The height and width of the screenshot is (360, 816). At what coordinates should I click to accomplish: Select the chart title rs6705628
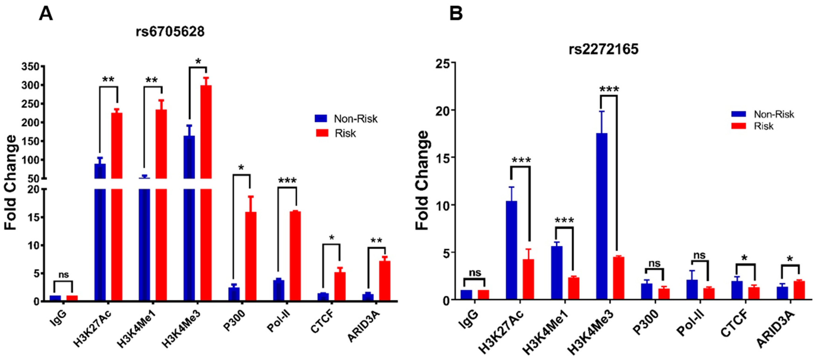coord(170,32)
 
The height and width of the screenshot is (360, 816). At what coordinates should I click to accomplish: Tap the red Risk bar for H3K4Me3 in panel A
coord(206,190)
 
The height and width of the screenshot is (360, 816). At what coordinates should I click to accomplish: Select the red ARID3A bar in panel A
coord(385,280)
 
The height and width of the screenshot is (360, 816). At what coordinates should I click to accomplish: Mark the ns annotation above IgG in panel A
coord(63,275)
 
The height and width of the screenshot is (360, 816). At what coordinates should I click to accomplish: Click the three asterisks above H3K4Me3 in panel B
coord(609,90)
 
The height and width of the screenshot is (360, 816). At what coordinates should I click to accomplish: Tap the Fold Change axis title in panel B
coord(422,180)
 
